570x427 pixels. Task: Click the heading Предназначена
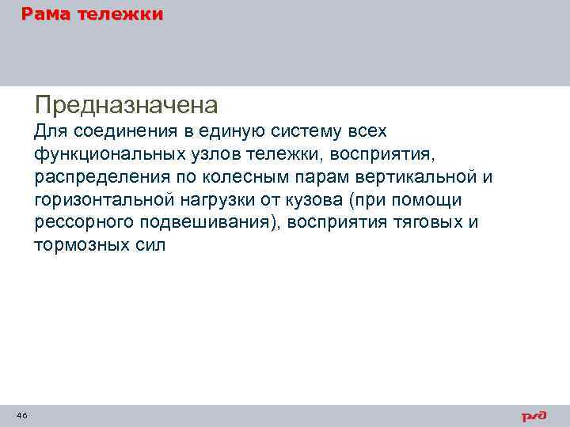pos(126,104)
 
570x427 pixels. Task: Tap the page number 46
pos(21,415)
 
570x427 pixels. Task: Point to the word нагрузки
pos(223,199)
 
